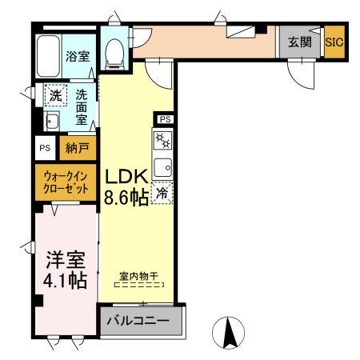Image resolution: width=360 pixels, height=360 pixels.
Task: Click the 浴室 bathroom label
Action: click(77, 57)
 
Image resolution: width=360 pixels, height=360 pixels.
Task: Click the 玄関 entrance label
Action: click(299, 42)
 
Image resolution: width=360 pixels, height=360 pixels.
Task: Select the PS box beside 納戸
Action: click(45, 148)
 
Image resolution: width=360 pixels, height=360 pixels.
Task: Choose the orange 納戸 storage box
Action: click(77, 148)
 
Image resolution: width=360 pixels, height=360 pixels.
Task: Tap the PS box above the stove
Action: click(164, 119)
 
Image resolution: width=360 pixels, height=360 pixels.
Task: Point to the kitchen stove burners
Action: click(162, 142)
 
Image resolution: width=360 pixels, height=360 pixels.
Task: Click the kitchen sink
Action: click(162, 168)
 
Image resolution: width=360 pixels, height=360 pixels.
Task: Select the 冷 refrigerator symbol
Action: click(162, 194)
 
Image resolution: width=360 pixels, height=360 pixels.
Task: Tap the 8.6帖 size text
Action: click(126, 198)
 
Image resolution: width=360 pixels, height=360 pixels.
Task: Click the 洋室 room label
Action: click(66, 260)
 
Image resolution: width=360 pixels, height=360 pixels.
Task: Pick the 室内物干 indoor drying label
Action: click(139, 275)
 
